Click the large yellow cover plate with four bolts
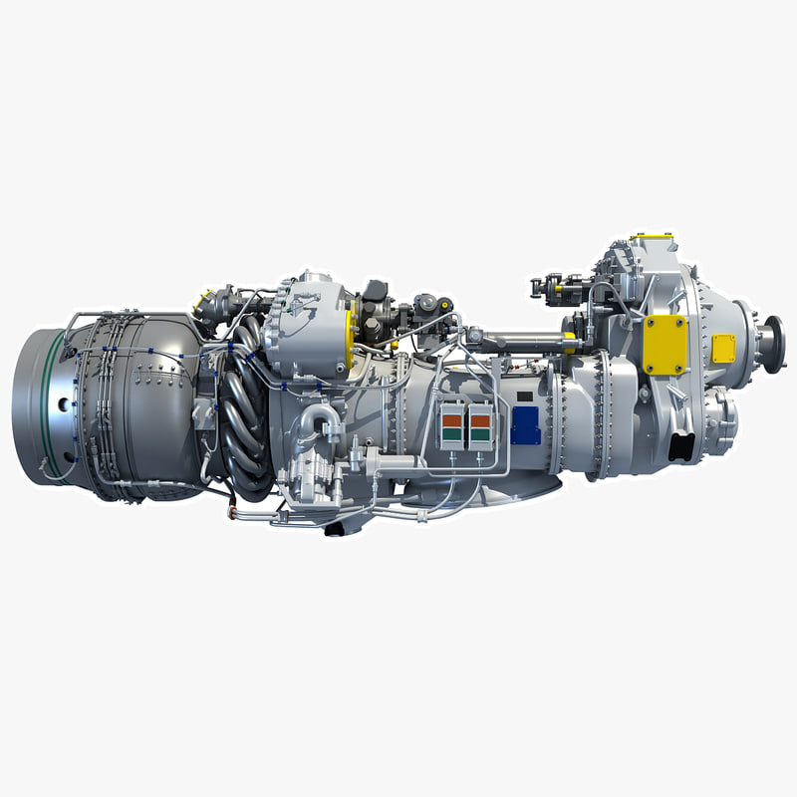[664, 345]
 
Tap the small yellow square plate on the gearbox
[724, 349]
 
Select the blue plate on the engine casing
[525, 425]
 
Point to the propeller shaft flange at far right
[772, 344]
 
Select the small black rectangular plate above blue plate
[525, 396]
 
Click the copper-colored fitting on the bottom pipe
[235, 512]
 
